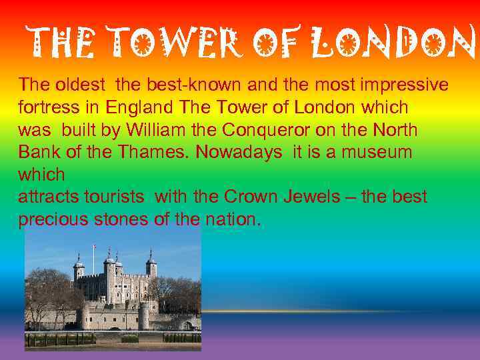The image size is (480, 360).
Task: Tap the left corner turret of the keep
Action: (x=79, y=269)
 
